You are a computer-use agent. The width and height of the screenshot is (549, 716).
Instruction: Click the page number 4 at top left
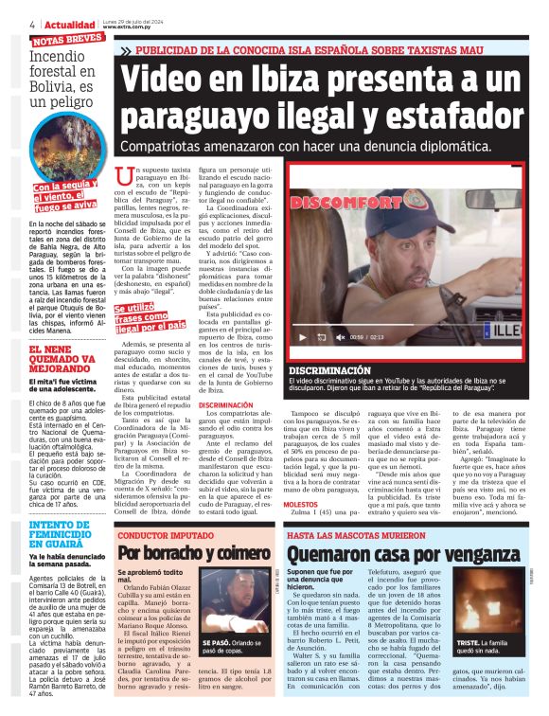pyautogui.click(x=33, y=24)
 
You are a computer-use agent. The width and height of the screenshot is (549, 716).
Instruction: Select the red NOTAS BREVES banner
pyautogui.click(x=68, y=41)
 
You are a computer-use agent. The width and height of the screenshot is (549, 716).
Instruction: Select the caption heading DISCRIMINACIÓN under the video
pyautogui.click(x=329, y=370)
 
